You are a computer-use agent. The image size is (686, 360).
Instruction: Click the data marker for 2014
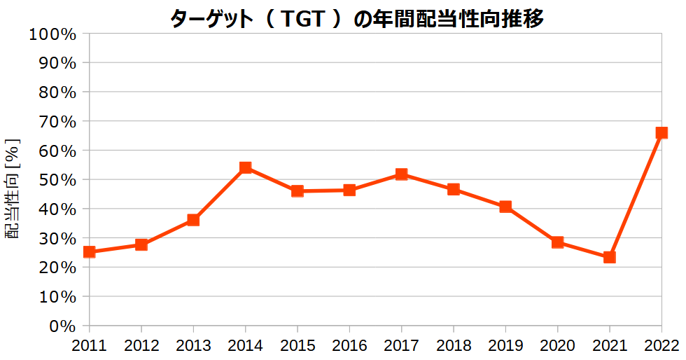pos(246,167)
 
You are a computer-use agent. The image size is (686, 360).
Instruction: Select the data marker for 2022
pos(661,132)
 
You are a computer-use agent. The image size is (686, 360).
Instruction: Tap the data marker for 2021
pos(610,257)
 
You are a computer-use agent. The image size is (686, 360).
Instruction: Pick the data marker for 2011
pos(90,251)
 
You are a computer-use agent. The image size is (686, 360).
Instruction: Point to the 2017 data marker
pos(402,174)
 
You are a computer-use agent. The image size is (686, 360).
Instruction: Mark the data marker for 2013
pos(193,220)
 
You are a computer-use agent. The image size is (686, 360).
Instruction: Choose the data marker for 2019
pos(505,207)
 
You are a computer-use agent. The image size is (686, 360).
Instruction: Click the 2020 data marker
pos(558,242)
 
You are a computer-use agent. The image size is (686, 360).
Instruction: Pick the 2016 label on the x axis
pos(349,345)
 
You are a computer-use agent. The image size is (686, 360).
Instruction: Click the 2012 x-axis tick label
pos(141,345)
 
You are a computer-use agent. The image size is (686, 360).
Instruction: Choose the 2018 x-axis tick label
pos(454,345)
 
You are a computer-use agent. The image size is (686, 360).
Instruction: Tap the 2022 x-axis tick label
pos(661,345)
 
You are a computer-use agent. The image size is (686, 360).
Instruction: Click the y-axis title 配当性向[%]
pos(13,189)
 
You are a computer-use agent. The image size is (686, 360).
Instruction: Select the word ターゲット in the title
pos(210,20)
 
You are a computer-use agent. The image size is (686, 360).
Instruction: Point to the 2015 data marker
pos(297,191)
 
